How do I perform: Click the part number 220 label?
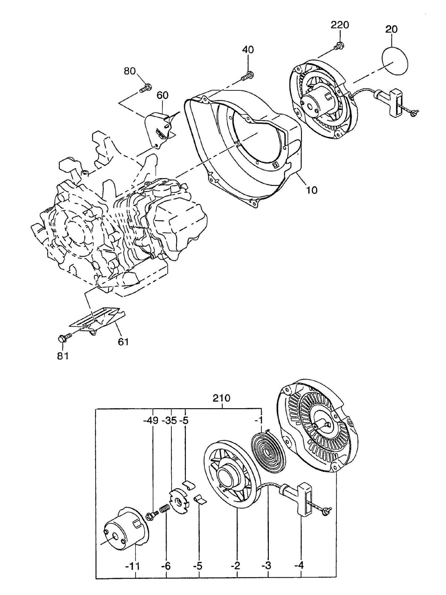tap(340, 25)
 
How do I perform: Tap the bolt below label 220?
tap(339, 46)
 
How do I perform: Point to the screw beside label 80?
tap(145, 88)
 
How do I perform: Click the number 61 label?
tap(123, 342)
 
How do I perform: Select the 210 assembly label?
tap(221, 398)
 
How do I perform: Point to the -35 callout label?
tap(170, 420)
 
